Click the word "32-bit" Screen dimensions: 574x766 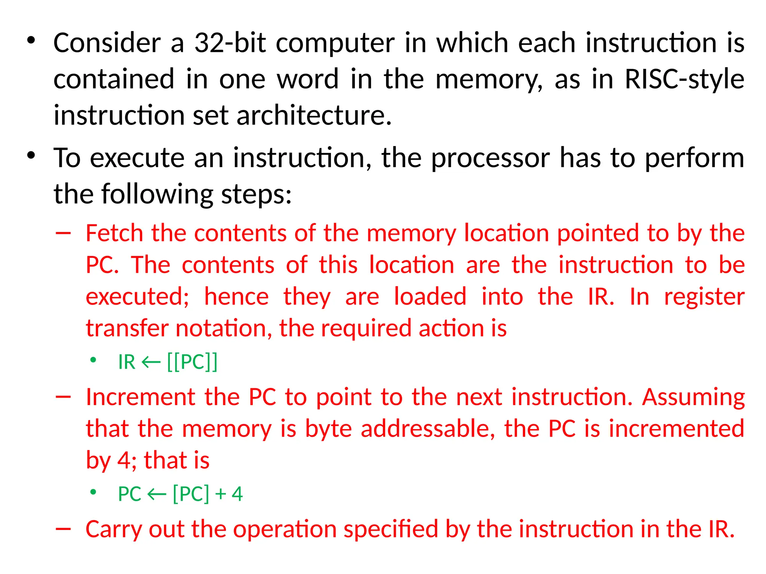(230, 43)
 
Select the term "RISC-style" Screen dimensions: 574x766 (684, 79)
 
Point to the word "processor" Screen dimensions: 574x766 (490, 158)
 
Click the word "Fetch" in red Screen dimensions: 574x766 (114, 233)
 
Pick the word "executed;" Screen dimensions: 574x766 (138, 297)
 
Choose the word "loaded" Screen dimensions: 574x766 (430, 297)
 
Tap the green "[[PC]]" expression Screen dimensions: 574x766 (192, 362)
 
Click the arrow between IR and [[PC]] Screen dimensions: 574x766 (151, 362)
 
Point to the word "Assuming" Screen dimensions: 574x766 (693, 397)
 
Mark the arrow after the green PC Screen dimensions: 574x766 (157, 494)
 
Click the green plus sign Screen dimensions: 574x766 (220, 494)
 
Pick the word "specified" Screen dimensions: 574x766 (391, 530)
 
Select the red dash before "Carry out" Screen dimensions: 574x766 (63, 529)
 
